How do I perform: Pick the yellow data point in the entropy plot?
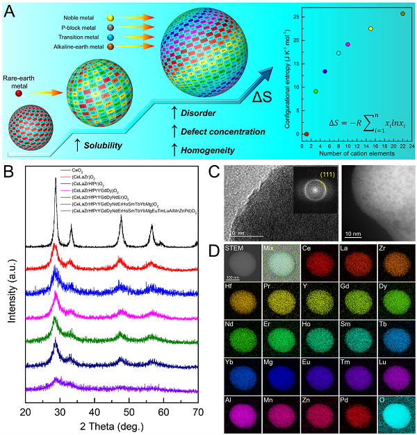coord(370,29)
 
